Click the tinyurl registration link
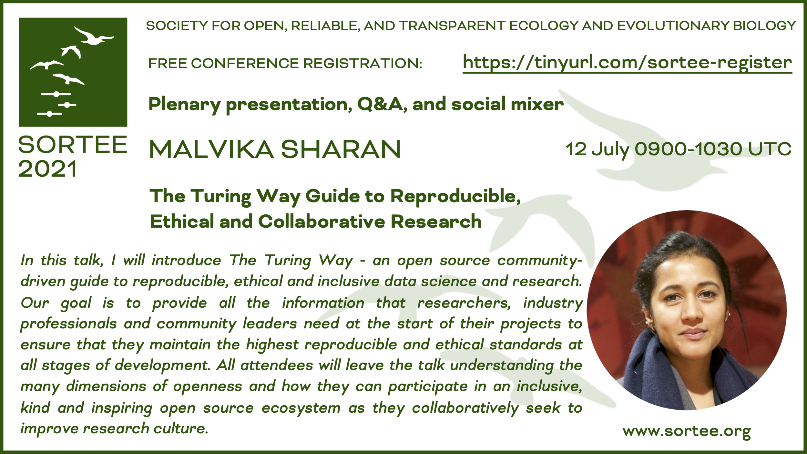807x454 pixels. coord(627,63)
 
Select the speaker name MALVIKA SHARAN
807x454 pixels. coord(275,150)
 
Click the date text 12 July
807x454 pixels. coord(598,150)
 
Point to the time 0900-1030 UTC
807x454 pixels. coord(713,149)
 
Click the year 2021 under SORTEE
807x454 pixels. coord(47,169)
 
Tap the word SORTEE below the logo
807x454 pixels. coord(73,145)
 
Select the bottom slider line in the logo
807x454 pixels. coord(49,114)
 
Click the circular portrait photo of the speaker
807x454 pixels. coord(687,310)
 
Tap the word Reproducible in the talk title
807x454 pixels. coord(455,196)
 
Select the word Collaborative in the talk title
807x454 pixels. coord(322,222)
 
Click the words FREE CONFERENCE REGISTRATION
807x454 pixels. coord(285,63)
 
